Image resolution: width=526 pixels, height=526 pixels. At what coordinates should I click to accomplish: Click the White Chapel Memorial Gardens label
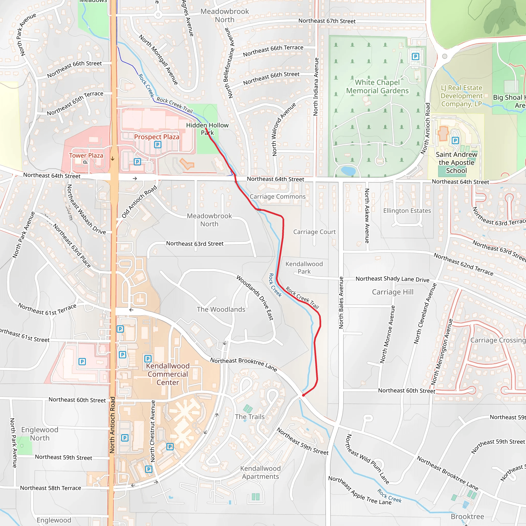pos(377,87)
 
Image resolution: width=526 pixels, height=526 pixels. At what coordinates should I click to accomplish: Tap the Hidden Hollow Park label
pos(207,129)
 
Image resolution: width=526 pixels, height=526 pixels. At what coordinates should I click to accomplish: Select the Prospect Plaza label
pos(157,137)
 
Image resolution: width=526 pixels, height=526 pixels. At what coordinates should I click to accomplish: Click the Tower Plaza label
pos(86,155)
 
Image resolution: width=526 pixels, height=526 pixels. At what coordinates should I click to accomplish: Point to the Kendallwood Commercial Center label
pos(168,374)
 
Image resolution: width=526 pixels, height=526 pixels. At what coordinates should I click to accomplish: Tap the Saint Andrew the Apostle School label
pos(456,163)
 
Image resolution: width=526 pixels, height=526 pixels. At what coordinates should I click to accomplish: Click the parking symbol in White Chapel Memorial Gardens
pos(415,57)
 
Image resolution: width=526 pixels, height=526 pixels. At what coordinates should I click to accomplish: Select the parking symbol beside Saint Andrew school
pos(455,140)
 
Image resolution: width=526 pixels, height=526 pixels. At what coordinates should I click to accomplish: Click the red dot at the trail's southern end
pos(303,395)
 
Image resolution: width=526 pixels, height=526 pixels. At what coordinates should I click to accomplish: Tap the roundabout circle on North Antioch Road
pos(445,56)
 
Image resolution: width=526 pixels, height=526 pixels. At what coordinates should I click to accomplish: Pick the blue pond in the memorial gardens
pos(348,171)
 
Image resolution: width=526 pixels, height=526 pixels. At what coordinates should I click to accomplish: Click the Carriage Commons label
pos(277,196)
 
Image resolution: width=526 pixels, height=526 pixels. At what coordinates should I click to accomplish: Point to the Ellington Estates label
pos(407,211)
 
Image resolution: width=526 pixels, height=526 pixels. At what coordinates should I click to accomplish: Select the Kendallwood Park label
pos(304,268)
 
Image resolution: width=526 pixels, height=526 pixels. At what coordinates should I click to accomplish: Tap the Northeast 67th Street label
pos(327,21)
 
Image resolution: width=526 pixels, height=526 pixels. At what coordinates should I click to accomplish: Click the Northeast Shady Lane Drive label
pos(392,279)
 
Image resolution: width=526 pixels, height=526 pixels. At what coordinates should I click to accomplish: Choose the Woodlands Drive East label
pos(255,298)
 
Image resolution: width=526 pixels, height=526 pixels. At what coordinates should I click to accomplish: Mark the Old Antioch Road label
pos(139,201)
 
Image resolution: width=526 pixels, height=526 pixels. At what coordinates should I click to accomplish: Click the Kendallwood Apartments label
pos(260,472)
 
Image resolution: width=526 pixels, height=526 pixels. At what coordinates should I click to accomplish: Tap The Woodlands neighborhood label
pos(221,309)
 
